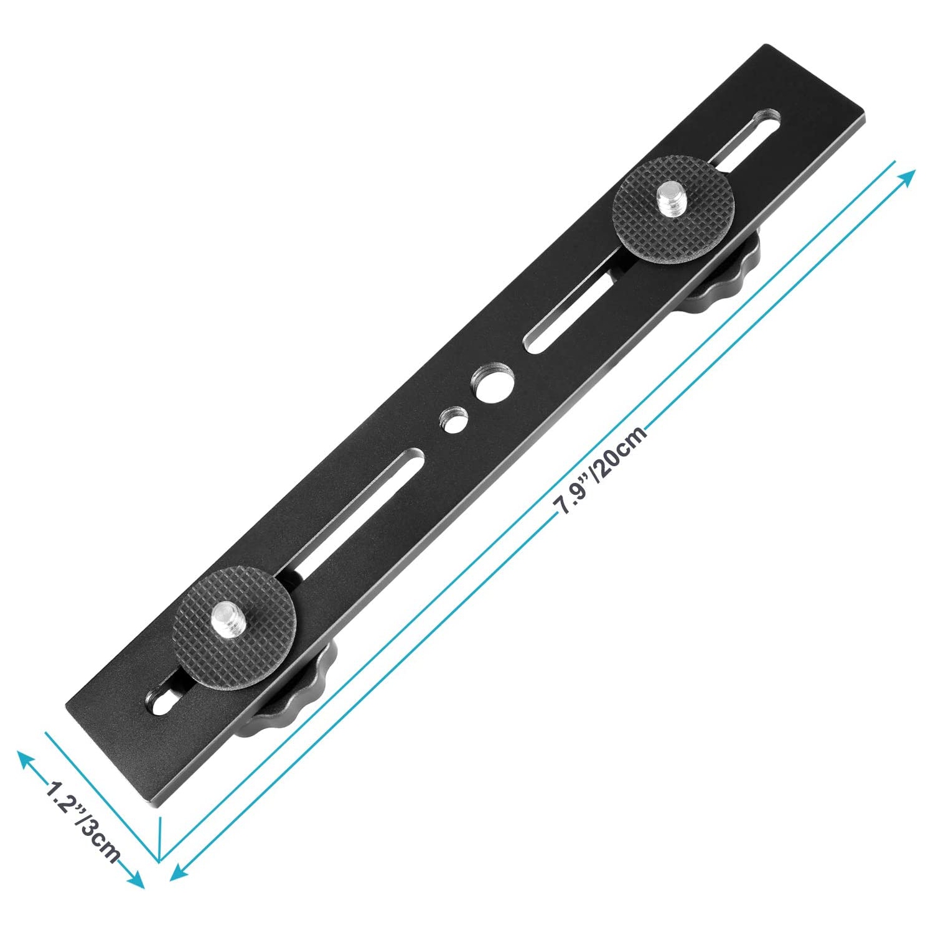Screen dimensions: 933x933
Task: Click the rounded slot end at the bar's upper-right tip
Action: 768,118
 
